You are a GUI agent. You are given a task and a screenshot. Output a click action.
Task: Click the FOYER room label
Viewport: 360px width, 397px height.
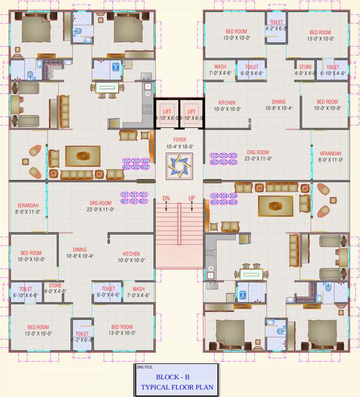pyautogui.click(x=179, y=140)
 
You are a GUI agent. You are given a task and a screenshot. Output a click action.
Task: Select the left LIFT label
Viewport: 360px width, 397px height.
pyautogui.click(x=167, y=112)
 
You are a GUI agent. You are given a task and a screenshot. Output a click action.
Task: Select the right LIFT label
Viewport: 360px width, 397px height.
pyautogui.click(x=191, y=112)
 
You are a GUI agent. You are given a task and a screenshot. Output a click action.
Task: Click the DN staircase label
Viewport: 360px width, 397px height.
pyautogui.click(x=166, y=198)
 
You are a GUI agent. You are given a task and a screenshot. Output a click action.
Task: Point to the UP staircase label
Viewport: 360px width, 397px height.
pyautogui.click(x=192, y=198)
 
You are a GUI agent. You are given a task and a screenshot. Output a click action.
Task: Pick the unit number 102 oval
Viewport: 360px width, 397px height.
pyautogui.click(x=126, y=161)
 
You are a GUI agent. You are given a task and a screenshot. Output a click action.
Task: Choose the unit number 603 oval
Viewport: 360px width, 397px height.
pyautogui.click(x=233, y=162)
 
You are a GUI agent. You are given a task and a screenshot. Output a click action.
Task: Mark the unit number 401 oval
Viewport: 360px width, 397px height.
pyautogui.click(x=125, y=202)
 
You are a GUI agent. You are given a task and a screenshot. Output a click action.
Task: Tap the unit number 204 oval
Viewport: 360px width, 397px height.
pyautogui.click(x=223, y=196)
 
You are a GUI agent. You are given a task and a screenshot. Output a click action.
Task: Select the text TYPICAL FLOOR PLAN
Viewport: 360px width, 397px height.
pyautogui.click(x=176, y=387)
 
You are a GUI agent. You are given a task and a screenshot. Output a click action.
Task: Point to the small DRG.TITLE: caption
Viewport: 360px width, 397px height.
pyautogui.click(x=145, y=367)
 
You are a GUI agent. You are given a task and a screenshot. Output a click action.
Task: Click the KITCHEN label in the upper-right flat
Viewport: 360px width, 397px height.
pyautogui.click(x=227, y=103)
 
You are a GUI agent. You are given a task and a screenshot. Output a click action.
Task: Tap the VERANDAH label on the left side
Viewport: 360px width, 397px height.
pyautogui.click(x=28, y=205)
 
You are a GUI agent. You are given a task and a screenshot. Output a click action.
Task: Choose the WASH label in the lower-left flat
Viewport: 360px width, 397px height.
pyautogui.click(x=138, y=289)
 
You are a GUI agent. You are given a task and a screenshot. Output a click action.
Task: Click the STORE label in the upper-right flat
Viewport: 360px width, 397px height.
pyautogui.click(x=305, y=67)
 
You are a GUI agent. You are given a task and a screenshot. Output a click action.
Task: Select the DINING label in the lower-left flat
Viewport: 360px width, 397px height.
pyautogui.click(x=80, y=249)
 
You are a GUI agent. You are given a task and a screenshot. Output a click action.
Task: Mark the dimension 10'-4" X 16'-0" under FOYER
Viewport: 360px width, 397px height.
pyautogui.click(x=179, y=147)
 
